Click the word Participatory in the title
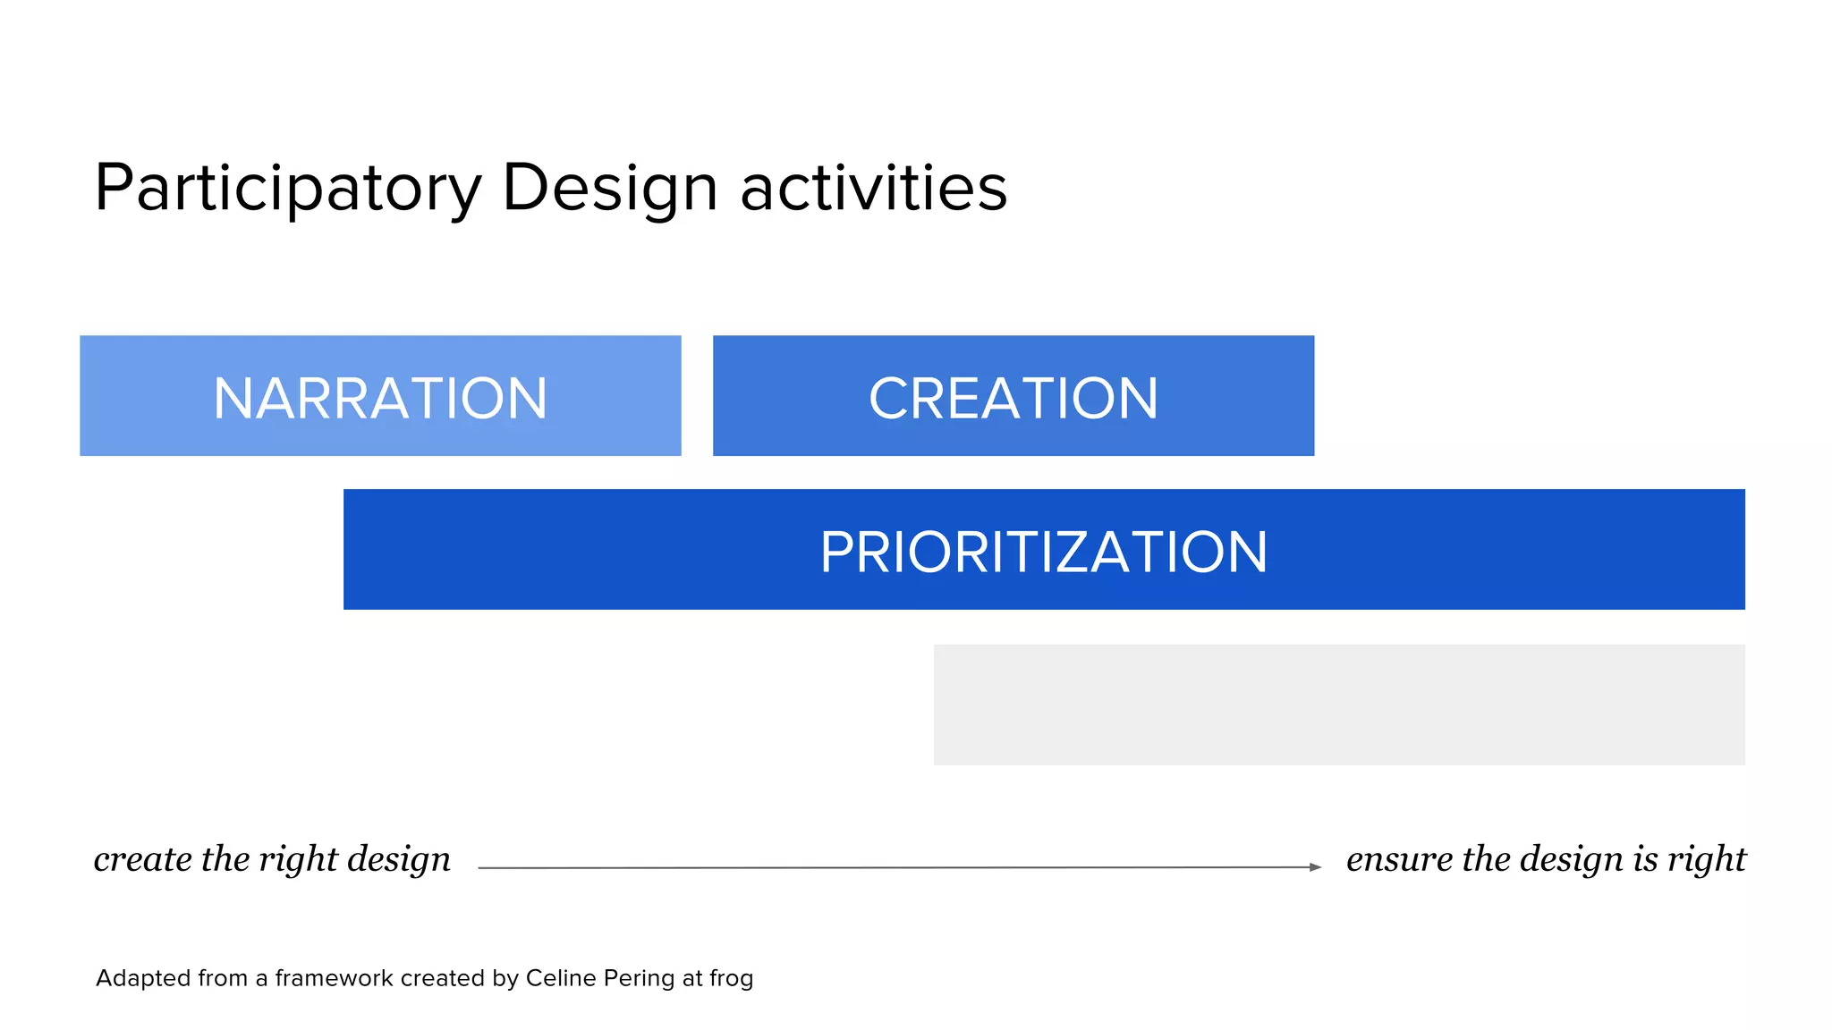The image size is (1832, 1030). pos(288,189)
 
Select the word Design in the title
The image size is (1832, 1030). pos(610,189)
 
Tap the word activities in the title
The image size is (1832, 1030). pos(873,189)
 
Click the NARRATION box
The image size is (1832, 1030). pos(380,396)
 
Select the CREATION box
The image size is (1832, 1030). pos(1014,396)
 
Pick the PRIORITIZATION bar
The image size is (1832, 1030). pos(1044,550)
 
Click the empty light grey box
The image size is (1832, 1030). pos(1339,705)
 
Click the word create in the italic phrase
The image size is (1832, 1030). pos(142,859)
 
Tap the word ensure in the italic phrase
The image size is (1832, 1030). pos(1399,859)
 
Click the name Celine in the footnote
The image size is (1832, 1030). pos(561,978)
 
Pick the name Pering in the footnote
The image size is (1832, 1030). pos(639,979)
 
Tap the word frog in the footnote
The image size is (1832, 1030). pos(731,979)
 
